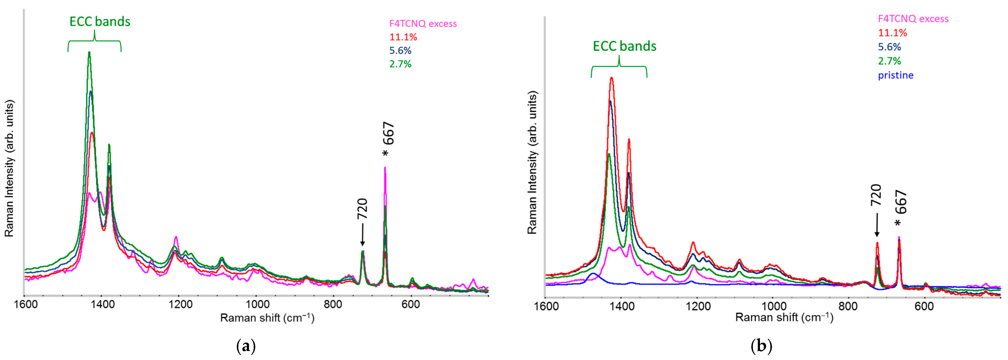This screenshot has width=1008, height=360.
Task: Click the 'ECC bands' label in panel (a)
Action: pyautogui.click(x=100, y=22)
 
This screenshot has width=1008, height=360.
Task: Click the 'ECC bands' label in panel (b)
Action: pyautogui.click(x=624, y=46)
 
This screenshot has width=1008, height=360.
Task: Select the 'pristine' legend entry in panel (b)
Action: pyautogui.click(x=896, y=75)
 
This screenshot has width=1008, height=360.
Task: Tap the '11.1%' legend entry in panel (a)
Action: pyautogui.click(x=403, y=37)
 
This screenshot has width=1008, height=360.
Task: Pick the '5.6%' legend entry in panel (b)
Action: pyautogui.click(x=890, y=47)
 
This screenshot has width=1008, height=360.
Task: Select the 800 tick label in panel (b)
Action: pyautogui.click(x=849, y=306)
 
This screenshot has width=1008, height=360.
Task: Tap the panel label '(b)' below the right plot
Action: pyautogui.click(x=761, y=346)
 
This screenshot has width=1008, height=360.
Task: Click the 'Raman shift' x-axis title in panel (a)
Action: pyautogui.click(x=267, y=318)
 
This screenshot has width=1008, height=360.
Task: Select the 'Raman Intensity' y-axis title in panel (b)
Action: pyautogui.click(x=532, y=162)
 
